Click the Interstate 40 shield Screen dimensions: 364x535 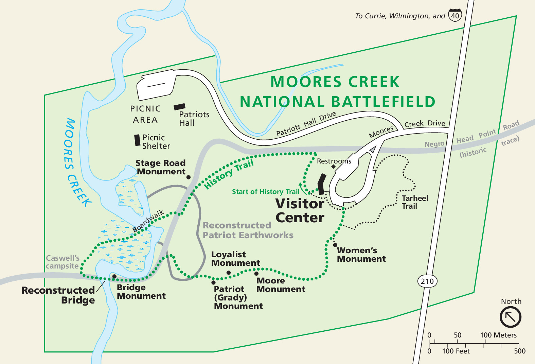click(455, 15)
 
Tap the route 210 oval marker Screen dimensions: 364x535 click(427, 281)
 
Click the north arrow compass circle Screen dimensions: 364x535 click(510, 317)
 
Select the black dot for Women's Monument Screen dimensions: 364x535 click(335, 245)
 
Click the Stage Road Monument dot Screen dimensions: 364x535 click(189, 177)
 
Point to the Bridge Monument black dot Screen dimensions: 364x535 click(114, 277)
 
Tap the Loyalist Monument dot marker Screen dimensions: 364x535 click(229, 273)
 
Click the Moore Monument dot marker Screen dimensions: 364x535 click(256, 274)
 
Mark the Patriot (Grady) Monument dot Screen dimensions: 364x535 click(213, 282)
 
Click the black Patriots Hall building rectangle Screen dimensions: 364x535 click(179, 107)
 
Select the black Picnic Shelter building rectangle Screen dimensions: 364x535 click(137, 140)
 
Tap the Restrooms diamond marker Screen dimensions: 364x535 click(334, 167)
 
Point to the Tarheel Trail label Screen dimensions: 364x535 click(414, 202)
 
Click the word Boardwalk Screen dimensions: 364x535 click(148, 221)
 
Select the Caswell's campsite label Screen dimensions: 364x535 click(63, 262)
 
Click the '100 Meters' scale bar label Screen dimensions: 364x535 click(498, 335)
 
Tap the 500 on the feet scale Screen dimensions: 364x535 click(519, 351)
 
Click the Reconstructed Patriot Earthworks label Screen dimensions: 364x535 click(248, 230)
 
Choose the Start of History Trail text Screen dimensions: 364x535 click(265, 192)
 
